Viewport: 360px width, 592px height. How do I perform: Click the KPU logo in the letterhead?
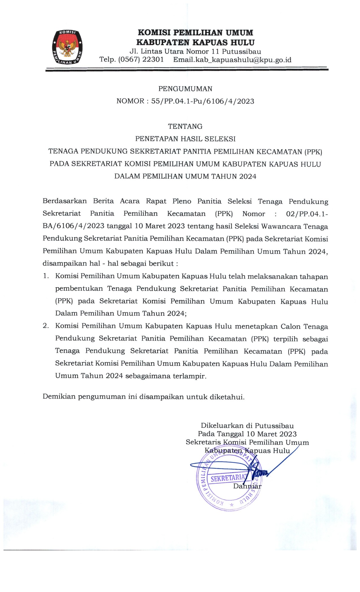(67, 47)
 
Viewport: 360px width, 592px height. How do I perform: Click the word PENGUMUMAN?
(185, 89)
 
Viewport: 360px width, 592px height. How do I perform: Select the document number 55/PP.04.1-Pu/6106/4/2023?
(203, 101)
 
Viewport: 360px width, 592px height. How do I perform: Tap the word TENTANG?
(185, 126)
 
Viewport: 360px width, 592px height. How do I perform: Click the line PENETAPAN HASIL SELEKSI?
(185, 139)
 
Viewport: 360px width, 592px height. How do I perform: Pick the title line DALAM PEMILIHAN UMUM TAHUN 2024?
(185, 176)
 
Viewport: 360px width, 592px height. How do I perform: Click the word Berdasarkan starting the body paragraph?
(65, 201)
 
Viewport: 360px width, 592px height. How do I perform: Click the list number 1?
(46, 276)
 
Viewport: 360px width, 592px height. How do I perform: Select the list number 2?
(46, 326)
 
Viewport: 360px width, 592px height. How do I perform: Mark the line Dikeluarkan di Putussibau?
(247, 426)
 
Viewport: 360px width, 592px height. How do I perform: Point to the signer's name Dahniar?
(247, 486)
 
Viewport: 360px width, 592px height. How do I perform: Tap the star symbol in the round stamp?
(232, 505)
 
